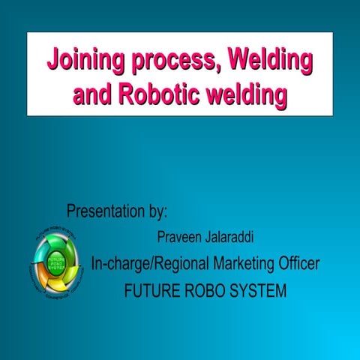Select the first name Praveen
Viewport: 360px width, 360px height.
178,237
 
